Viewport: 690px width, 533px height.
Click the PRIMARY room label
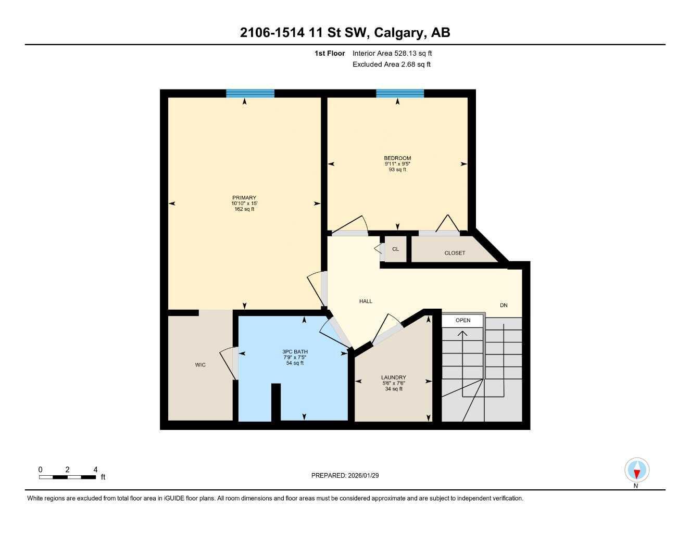pos(244,198)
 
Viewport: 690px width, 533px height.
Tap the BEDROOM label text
pos(397,158)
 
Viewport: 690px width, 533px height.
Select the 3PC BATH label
pos(295,352)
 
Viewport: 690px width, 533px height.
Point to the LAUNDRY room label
pos(393,378)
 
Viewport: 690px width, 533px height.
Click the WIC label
pos(200,365)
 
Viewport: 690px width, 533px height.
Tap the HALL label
pos(366,301)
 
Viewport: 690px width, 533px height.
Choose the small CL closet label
pos(395,249)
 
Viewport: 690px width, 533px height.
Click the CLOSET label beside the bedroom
pos(455,253)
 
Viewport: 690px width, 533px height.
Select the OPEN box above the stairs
pos(463,321)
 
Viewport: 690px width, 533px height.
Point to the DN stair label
pos(504,306)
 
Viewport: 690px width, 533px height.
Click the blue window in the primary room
pos(250,94)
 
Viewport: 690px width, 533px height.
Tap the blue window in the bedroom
pos(400,94)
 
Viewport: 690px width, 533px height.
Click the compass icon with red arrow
pos(636,471)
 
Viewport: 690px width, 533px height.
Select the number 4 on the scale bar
pos(95,469)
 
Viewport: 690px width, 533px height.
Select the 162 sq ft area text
pos(244,209)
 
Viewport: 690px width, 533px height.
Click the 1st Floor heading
pos(330,53)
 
